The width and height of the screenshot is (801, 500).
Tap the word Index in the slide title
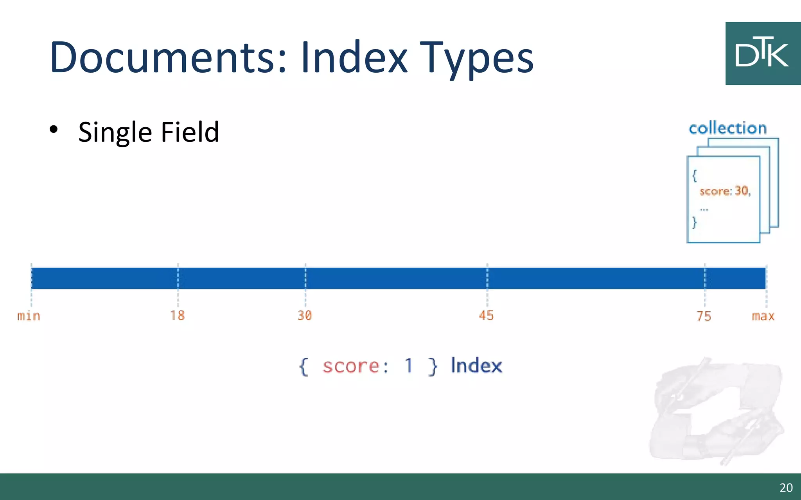pyautogui.click(x=354, y=57)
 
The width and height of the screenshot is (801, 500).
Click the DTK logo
pyautogui.click(x=762, y=54)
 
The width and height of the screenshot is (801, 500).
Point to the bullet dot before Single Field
pyautogui.click(x=54, y=129)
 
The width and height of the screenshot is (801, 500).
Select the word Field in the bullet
pyautogui.click(x=190, y=132)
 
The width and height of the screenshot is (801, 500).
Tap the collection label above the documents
pyautogui.click(x=727, y=128)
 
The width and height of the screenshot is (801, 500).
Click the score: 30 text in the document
pyautogui.click(x=725, y=191)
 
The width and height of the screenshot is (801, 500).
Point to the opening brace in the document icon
pyautogui.click(x=695, y=175)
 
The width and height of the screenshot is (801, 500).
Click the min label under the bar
pyautogui.click(x=29, y=316)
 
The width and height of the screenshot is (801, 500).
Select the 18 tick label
pyautogui.click(x=177, y=315)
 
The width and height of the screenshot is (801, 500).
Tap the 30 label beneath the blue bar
pyautogui.click(x=305, y=315)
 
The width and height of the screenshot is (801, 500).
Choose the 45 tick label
pyautogui.click(x=486, y=315)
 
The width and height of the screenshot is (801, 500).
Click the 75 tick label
pyautogui.click(x=704, y=316)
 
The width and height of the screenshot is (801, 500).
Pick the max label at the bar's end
pyautogui.click(x=763, y=316)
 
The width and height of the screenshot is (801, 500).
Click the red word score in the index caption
pyautogui.click(x=350, y=366)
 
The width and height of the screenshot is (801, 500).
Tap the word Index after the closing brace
pyautogui.click(x=476, y=366)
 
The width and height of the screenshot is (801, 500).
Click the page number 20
pyautogui.click(x=786, y=487)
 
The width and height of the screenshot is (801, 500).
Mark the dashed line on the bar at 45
pyautogui.click(x=487, y=278)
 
